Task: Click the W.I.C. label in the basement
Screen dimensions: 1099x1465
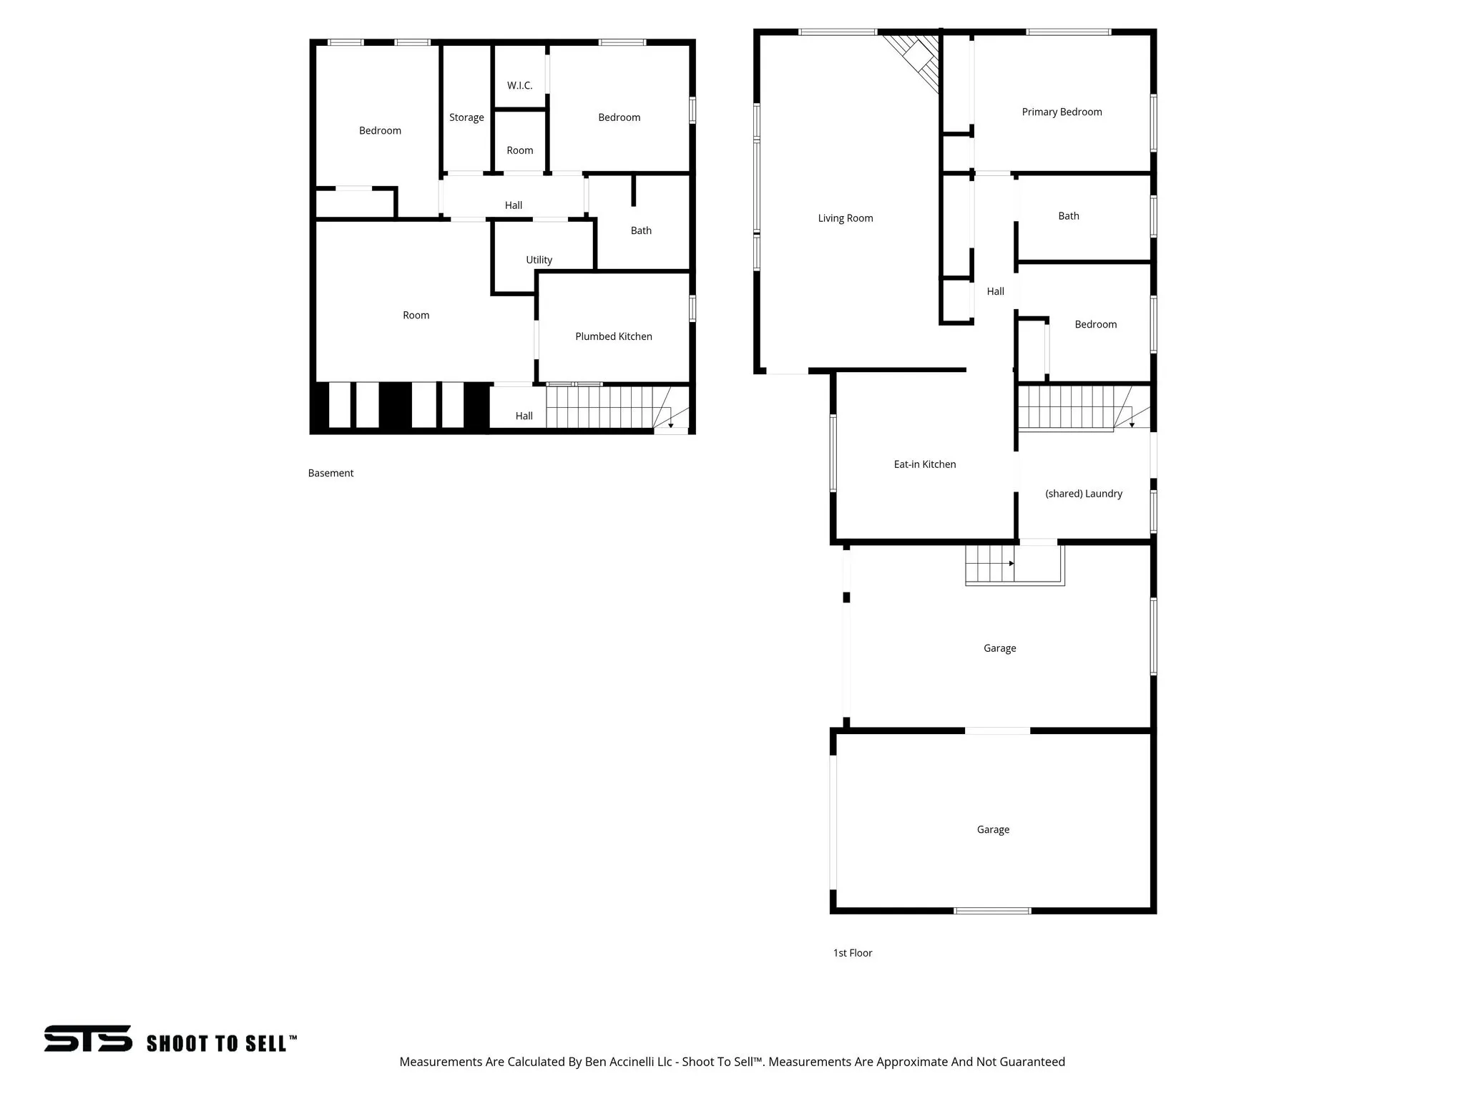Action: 519,86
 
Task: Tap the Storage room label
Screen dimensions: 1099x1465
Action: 466,117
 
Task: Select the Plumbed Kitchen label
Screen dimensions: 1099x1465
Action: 613,336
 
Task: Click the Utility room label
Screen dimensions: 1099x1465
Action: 539,260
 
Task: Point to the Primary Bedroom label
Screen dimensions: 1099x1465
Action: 1061,112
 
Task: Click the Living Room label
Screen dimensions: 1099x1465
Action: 845,218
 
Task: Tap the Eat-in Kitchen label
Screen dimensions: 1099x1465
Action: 924,464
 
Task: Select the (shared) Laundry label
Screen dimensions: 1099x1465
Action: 1083,494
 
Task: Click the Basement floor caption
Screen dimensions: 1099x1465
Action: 330,473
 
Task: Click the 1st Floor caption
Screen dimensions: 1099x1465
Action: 852,953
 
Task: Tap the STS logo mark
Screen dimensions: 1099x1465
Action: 88,1038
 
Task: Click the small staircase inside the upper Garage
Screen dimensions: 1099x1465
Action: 990,565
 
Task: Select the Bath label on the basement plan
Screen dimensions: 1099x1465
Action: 640,230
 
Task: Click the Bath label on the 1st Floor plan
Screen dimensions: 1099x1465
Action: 1068,216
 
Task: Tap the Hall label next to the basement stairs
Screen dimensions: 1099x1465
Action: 524,416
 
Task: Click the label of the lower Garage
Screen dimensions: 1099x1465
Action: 993,830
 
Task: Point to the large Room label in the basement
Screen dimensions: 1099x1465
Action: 416,316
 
